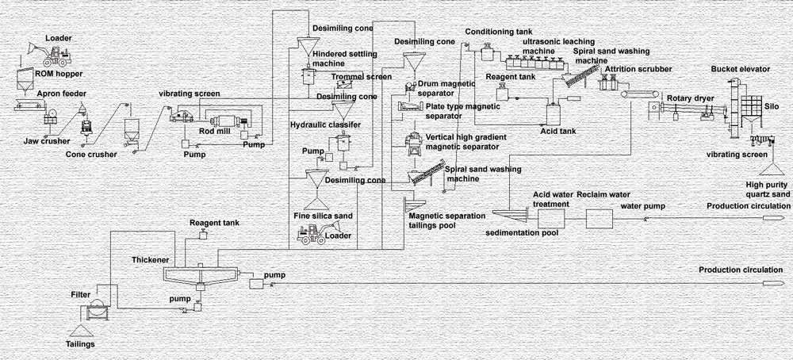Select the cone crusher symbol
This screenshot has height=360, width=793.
click(x=86, y=124)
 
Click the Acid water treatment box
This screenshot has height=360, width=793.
click(x=551, y=218)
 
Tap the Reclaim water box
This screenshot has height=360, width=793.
click(x=600, y=218)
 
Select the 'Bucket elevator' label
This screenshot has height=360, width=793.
click(x=741, y=69)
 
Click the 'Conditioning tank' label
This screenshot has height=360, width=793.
click(x=498, y=32)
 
